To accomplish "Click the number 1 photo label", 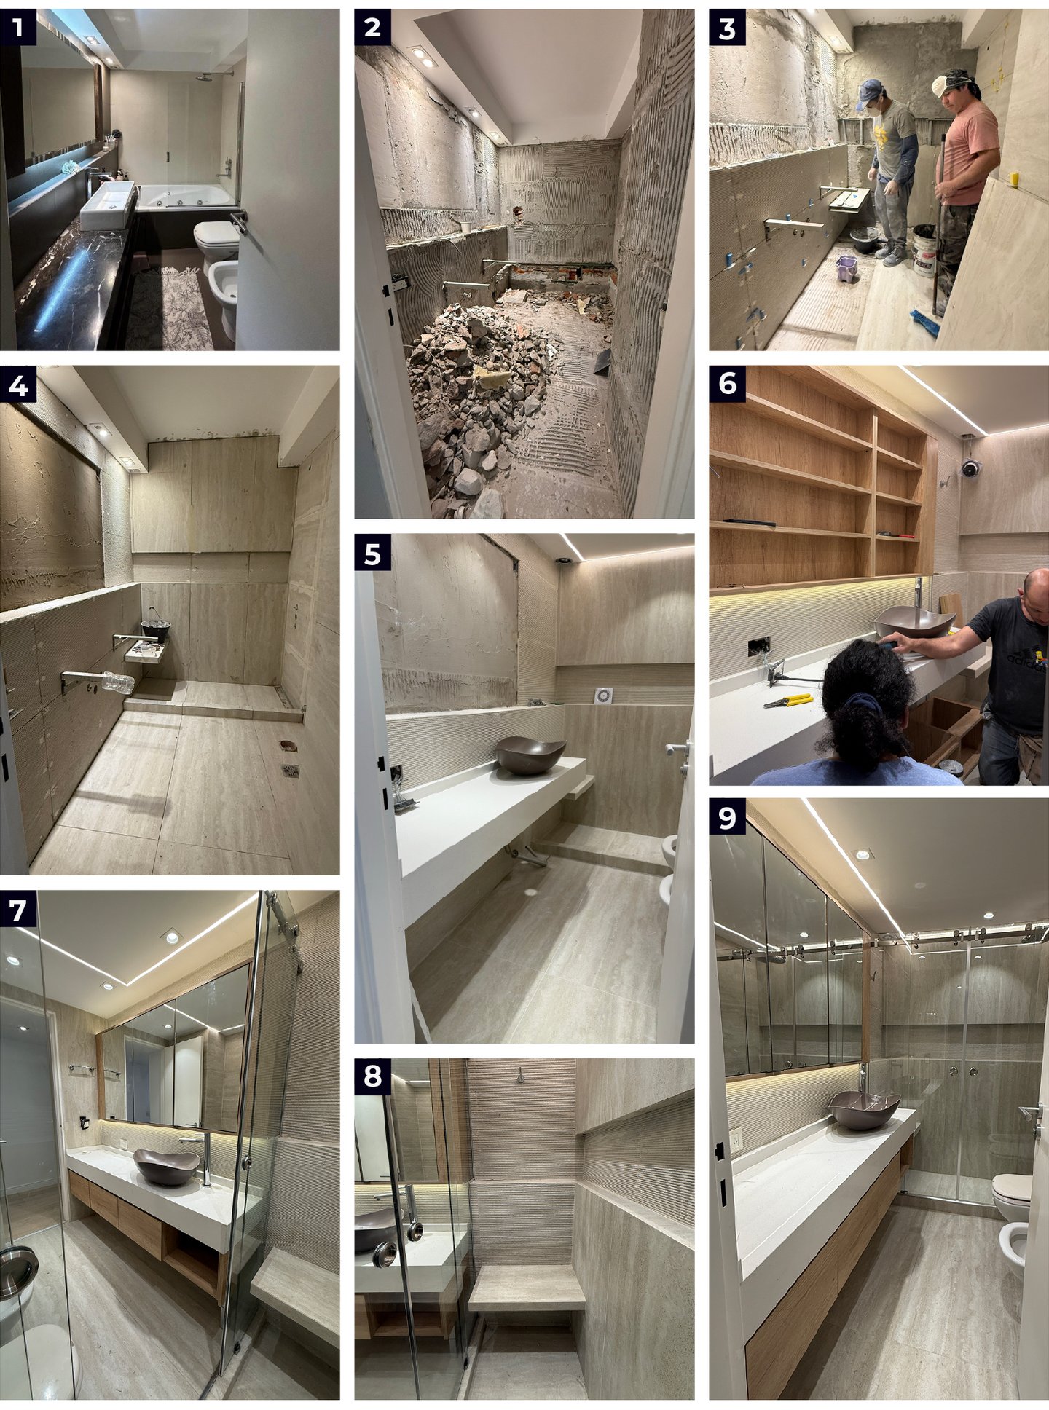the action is [x=17, y=28].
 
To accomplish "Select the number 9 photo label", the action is [x=727, y=817].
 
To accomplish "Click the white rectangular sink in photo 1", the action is [x=108, y=205].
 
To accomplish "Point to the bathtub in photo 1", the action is [x=187, y=197].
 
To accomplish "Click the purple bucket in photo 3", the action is [x=846, y=268].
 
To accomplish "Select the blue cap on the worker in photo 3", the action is [x=869, y=90].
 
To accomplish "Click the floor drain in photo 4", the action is [x=290, y=771].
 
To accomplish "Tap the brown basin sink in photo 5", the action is [x=530, y=755].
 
